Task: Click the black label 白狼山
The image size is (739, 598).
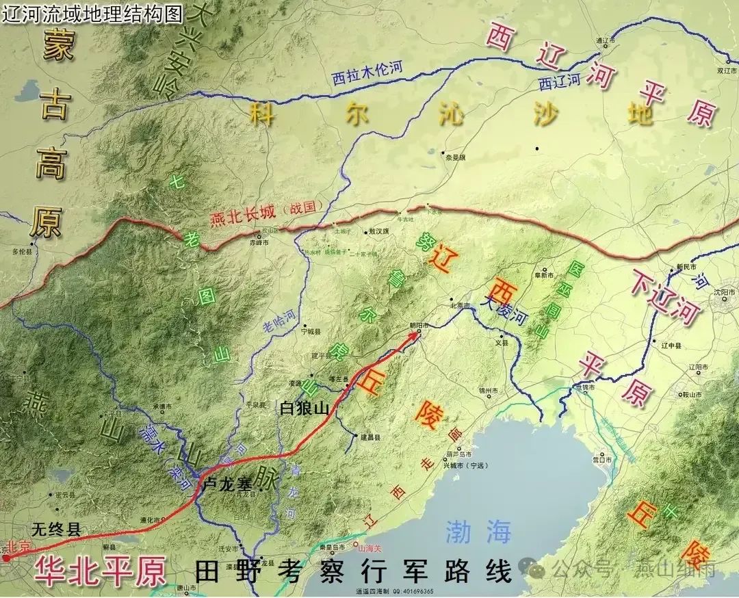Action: pyautogui.click(x=305, y=408)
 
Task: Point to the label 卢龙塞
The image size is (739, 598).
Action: pyautogui.click(x=229, y=482)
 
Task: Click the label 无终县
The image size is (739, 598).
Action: pyautogui.click(x=56, y=528)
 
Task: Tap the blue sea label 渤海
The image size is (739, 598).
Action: pyautogui.click(x=478, y=532)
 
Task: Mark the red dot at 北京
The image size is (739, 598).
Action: pyautogui.click(x=6, y=558)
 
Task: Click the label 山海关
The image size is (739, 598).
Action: pyautogui.click(x=369, y=548)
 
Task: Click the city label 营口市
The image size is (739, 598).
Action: pyautogui.click(x=602, y=460)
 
